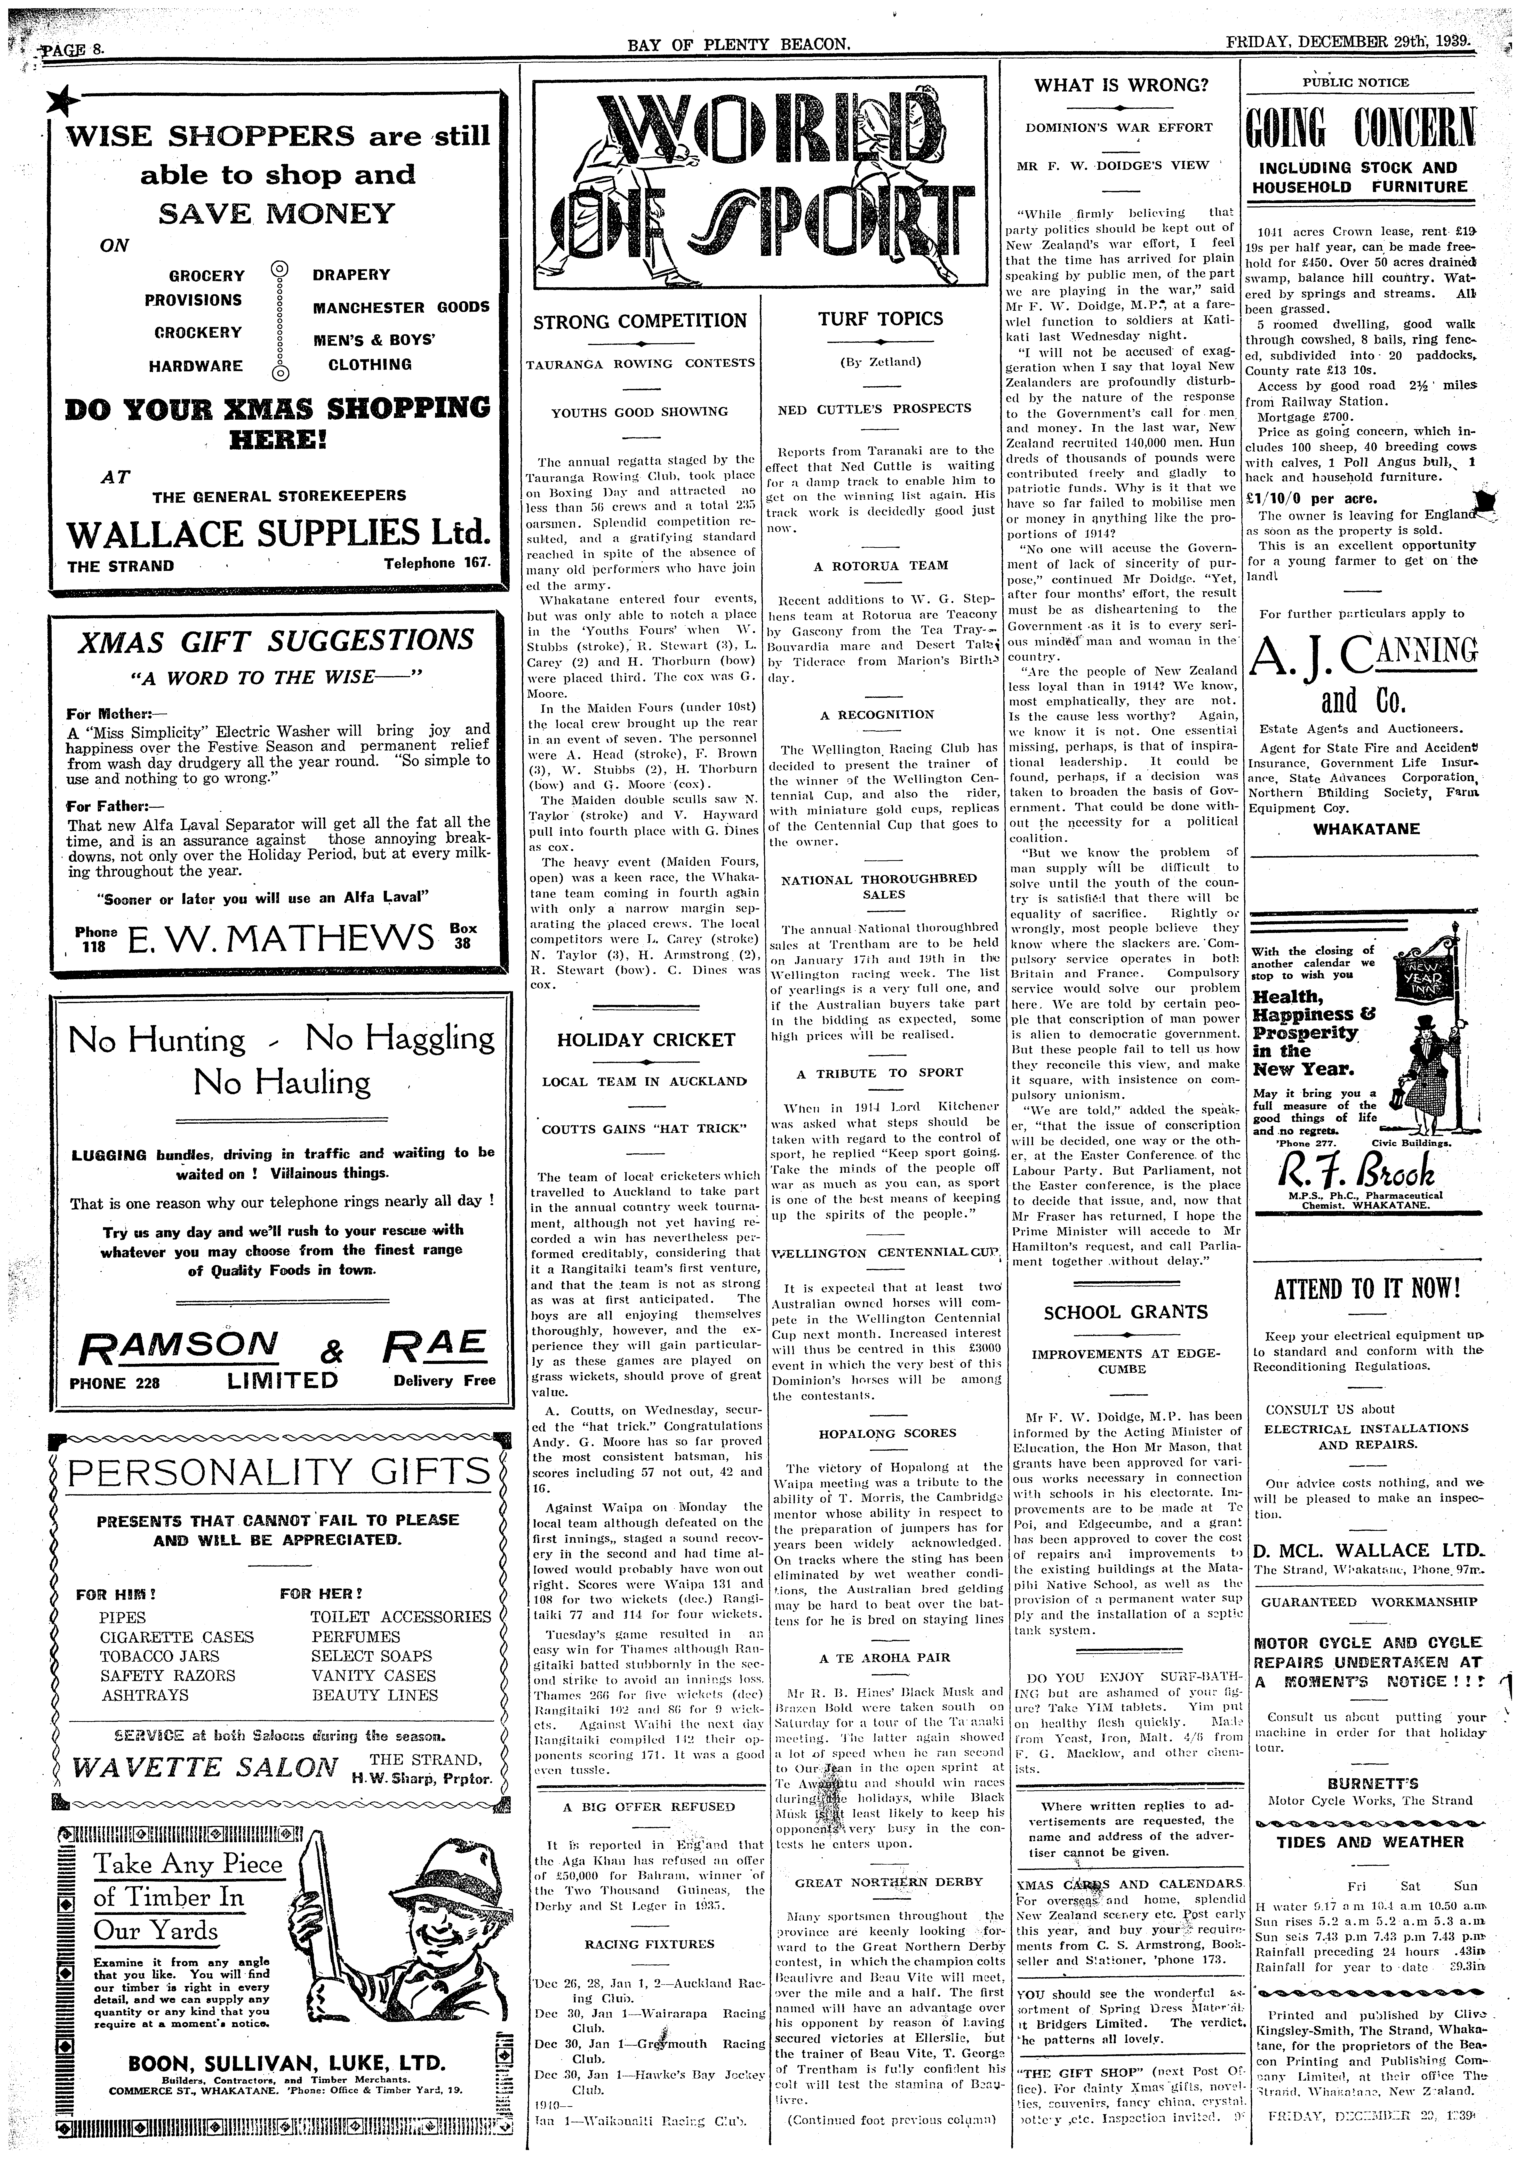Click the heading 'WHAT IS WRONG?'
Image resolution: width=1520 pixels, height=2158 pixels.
(1121, 85)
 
